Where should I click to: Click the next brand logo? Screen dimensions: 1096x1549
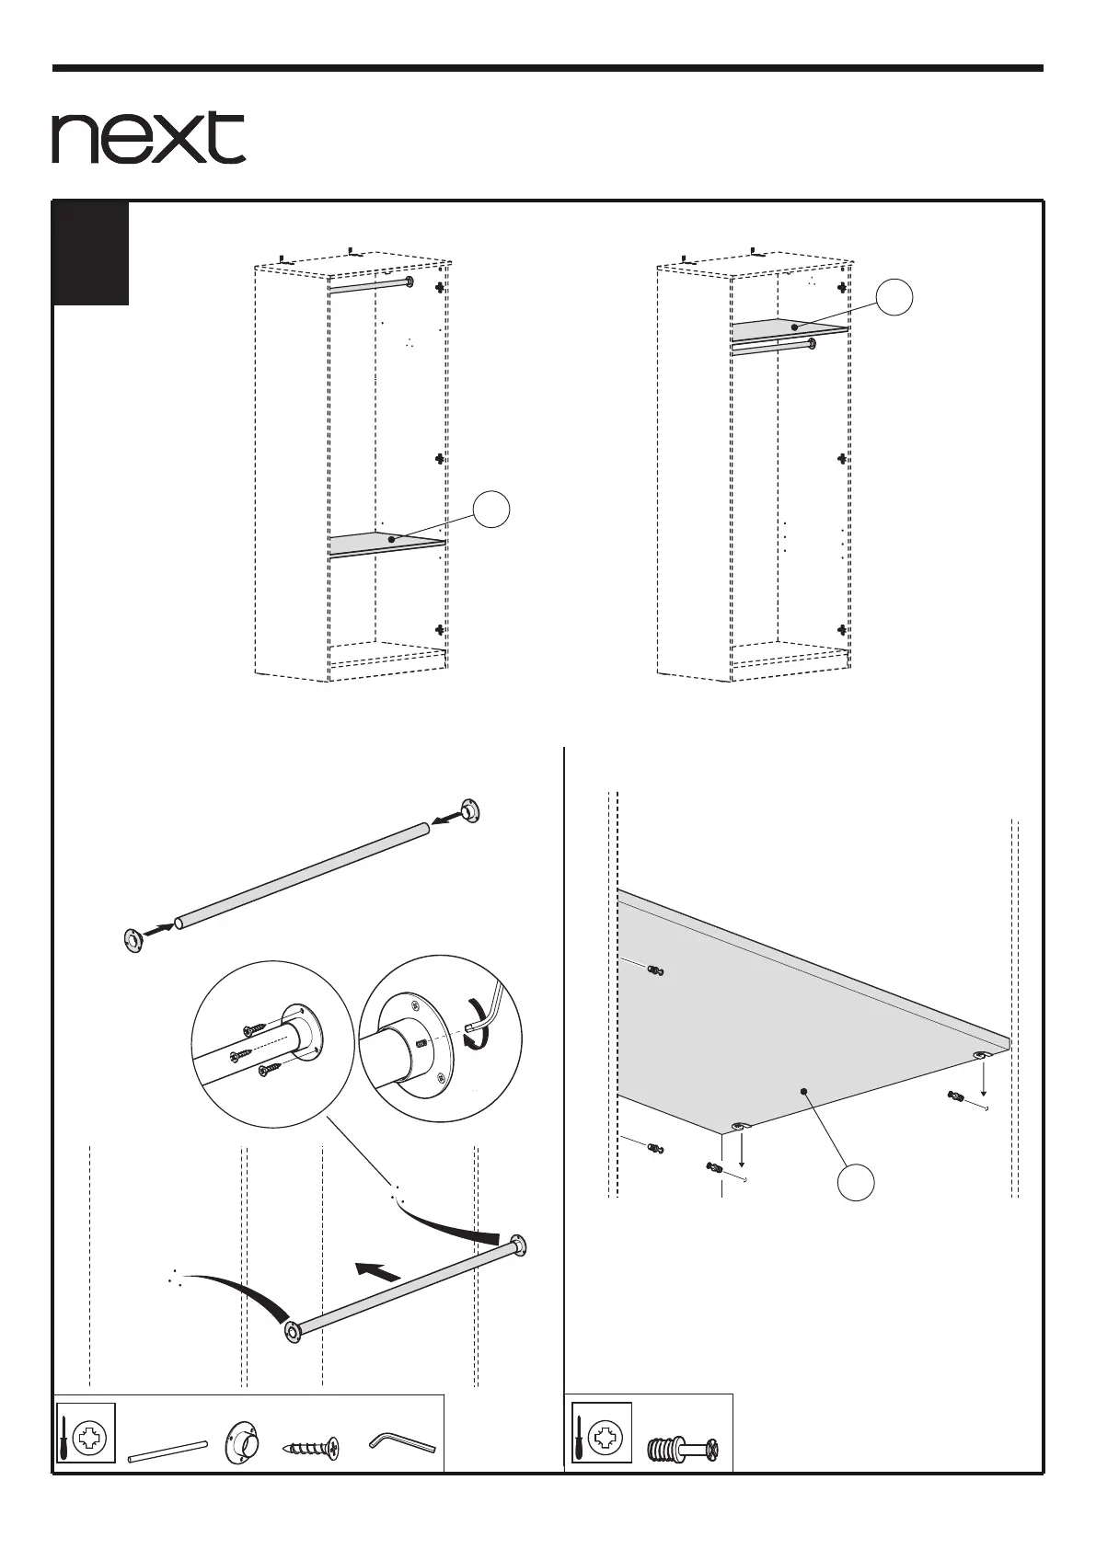pyautogui.click(x=148, y=138)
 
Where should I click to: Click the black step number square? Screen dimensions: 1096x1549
pyautogui.click(x=90, y=253)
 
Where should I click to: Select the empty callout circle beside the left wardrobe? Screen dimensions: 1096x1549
pyautogui.click(x=492, y=510)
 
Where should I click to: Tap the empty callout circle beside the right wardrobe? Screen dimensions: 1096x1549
pyautogui.click(x=894, y=298)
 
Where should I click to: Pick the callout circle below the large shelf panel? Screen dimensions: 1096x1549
pyautogui.click(x=856, y=1182)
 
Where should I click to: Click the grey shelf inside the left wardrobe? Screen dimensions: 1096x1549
pyautogui.click(x=386, y=544)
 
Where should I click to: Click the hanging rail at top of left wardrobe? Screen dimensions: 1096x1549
pyautogui.click(x=368, y=287)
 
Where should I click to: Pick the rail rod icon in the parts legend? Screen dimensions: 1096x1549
pyautogui.click(x=167, y=1451)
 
